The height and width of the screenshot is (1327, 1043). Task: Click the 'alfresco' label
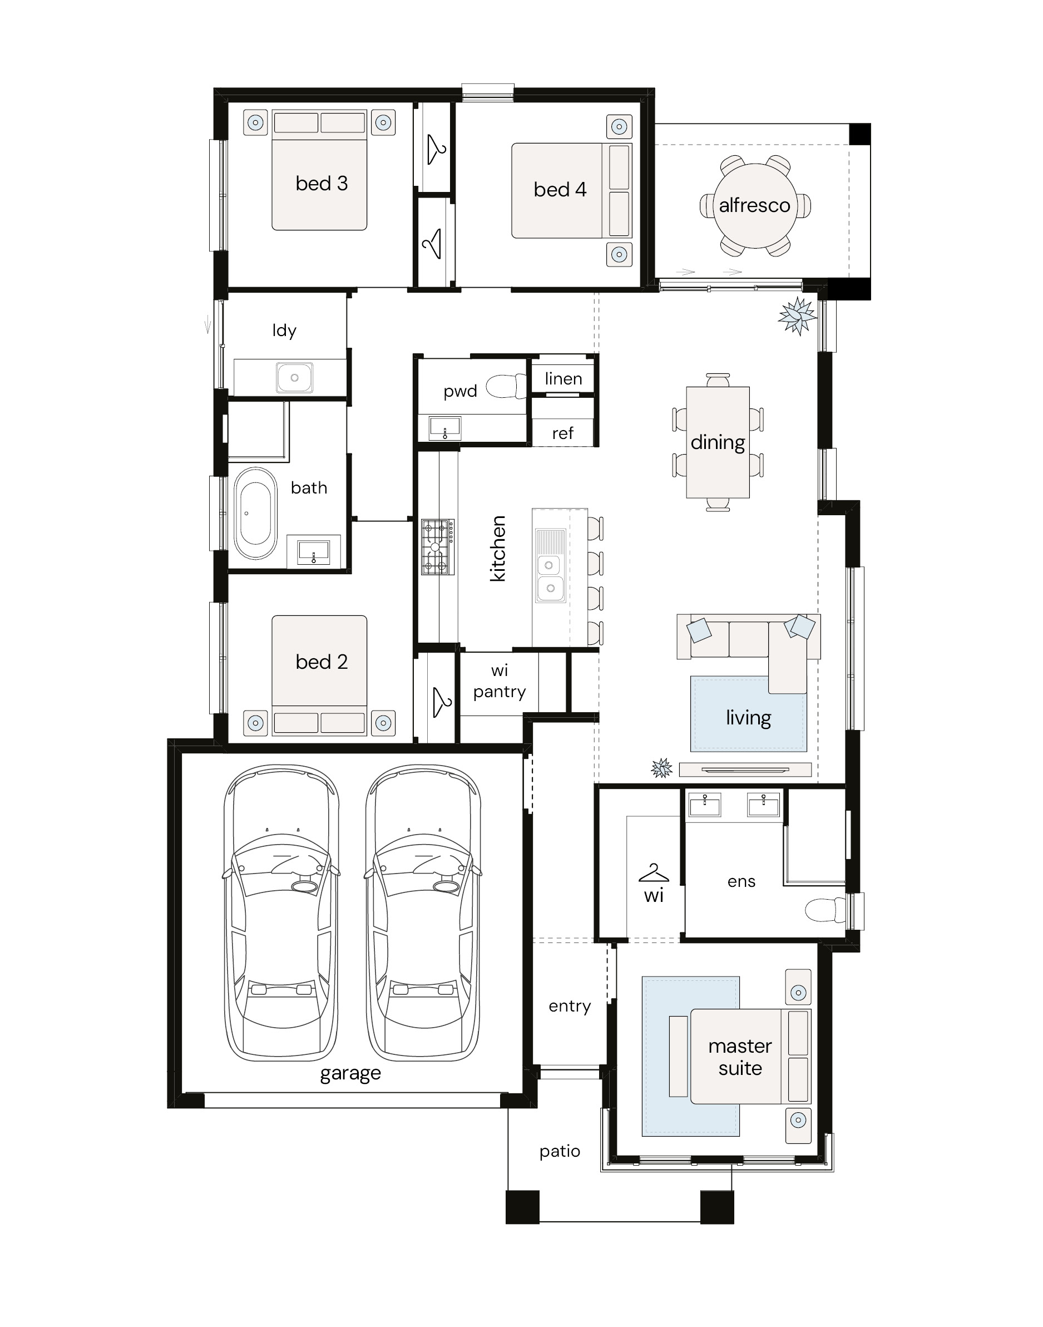(x=754, y=205)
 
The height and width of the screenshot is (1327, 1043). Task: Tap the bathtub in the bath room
(x=256, y=513)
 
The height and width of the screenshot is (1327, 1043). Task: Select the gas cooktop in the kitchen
(x=438, y=546)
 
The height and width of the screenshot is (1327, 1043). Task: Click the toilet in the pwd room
(x=506, y=386)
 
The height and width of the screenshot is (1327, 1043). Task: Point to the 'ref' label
(x=562, y=433)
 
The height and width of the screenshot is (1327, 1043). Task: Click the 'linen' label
(x=563, y=378)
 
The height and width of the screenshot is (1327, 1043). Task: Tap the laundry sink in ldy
(x=294, y=377)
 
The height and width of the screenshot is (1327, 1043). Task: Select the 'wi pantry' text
(x=500, y=681)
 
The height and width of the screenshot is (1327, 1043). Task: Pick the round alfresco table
(x=755, y=206)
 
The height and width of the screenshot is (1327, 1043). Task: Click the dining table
(x=718, y=443)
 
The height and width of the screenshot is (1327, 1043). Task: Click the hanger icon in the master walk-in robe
(x=654, y=874)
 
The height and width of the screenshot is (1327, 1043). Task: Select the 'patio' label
(x=560, y=1151)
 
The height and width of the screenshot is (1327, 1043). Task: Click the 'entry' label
(x=569, y=1006)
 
